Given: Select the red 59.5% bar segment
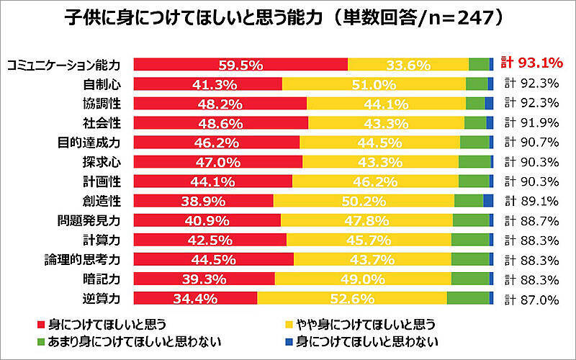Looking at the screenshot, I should (240, 64).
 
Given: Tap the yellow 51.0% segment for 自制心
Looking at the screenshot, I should (374, 84).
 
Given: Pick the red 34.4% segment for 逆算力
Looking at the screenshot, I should (195, 298).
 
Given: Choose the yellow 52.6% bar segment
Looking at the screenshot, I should (352, 298).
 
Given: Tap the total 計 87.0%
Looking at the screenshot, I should (533, 298).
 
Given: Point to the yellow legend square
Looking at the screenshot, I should (290, 323).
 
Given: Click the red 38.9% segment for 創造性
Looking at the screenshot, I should (204, 201).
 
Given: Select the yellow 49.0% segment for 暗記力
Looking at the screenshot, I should (363, 279).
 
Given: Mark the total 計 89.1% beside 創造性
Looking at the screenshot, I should (533, 201).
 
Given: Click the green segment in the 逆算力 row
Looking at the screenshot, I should (468, 298).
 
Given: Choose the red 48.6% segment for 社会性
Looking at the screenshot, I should (221, 122).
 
